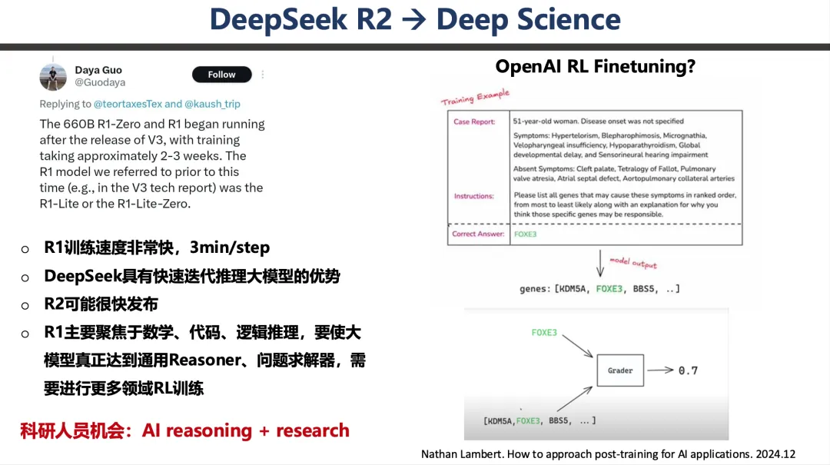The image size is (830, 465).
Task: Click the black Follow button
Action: (222, 75)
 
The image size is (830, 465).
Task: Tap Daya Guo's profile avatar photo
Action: (53, 77)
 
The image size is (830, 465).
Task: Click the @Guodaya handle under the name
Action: (100, 82)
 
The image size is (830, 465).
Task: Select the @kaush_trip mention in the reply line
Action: (212, 104)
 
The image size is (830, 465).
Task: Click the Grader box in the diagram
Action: (620, 370)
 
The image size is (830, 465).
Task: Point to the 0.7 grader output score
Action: (688, 370)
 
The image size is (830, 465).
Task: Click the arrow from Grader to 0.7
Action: (660, 370)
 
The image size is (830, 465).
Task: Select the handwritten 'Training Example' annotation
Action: (476, 97)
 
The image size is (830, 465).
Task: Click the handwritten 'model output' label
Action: (633, 263)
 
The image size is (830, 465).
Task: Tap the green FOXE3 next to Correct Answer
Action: (525, 234)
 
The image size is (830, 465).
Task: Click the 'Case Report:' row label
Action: (474, 121)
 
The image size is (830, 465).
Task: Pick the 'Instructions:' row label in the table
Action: (473, 196)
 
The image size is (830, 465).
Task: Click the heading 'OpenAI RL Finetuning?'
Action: (596, 66)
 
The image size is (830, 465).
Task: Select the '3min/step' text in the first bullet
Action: (230, 247)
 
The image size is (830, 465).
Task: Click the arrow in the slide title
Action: (413, 20)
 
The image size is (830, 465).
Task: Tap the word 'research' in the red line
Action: (313, 430)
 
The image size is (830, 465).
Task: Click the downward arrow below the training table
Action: (599, 263)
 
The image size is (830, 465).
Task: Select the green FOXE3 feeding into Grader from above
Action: (544, 333)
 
